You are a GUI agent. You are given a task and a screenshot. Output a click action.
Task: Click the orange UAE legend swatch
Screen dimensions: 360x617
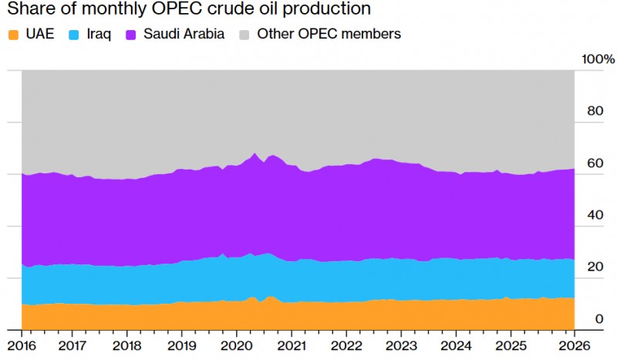[x=13, y=34]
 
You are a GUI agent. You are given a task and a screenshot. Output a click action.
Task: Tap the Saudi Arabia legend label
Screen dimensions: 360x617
[x=184, y=34]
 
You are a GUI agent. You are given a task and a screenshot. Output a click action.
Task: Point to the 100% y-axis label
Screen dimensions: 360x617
[x=598, y=60]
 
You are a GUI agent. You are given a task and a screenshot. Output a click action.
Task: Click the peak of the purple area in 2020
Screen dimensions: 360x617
[x=255, y=153]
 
